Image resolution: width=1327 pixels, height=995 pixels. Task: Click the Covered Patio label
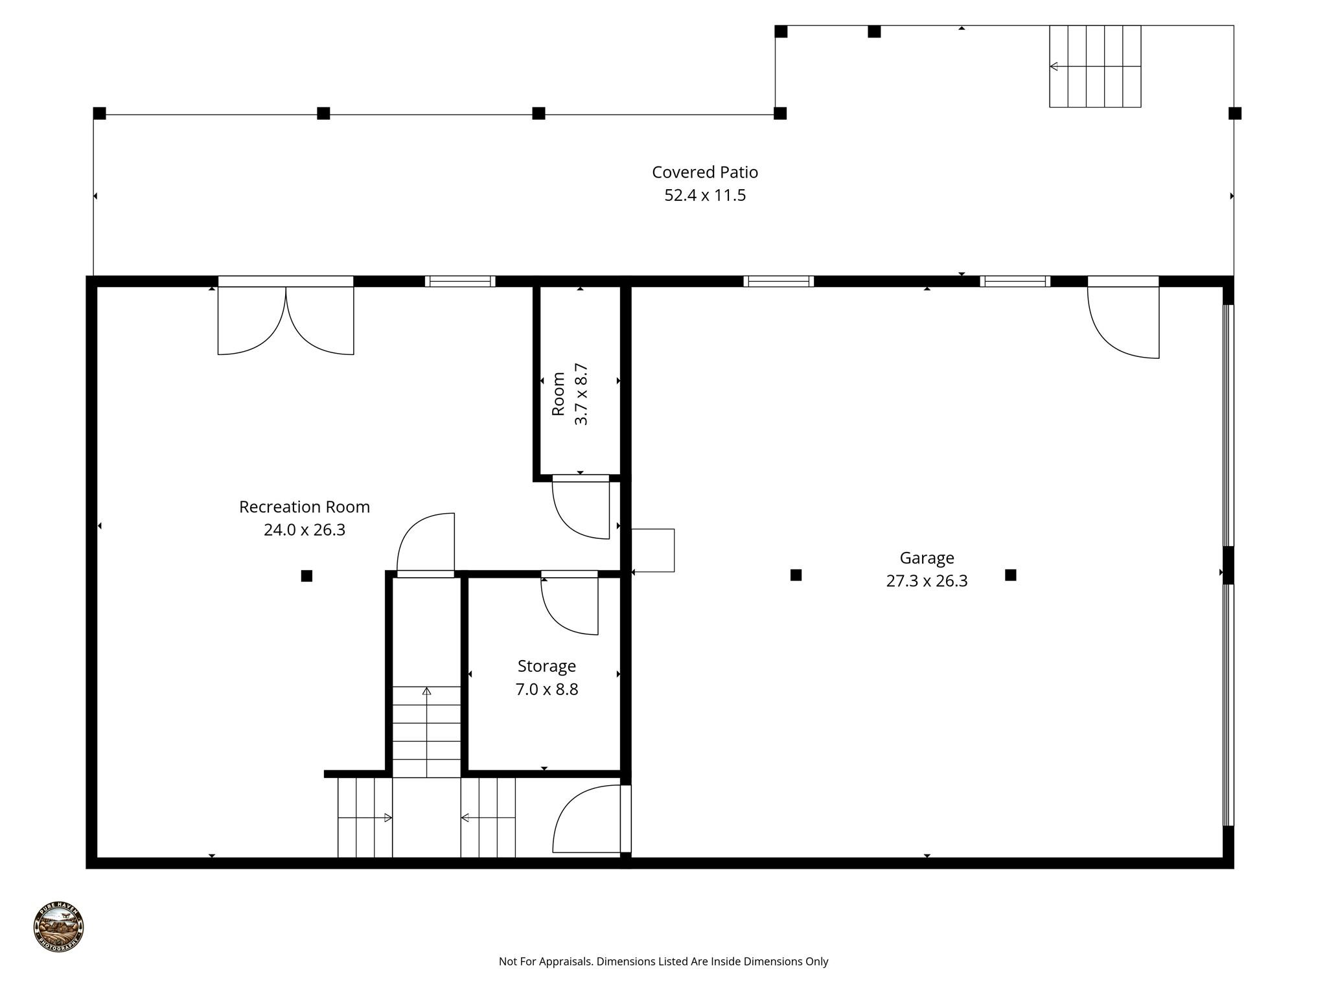[x=704, y=172]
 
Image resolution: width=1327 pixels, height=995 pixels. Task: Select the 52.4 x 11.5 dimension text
[x=704, y=195]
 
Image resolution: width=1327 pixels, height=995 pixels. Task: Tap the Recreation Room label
[x=304, y=507]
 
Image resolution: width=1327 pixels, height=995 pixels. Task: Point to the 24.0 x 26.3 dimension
[x=304, y=530]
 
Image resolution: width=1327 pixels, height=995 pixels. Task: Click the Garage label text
[x=926, y=558]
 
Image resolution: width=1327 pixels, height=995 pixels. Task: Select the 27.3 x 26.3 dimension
[x=926, y=581]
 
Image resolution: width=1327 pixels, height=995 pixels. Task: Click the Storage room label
[x=546, y=666]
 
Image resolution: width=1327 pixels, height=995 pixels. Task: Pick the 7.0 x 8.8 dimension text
[x=546, y=689]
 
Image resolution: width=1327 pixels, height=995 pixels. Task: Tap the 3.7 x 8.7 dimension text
[x=581, y=394]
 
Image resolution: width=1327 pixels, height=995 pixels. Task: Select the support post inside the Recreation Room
[x=306, y=576]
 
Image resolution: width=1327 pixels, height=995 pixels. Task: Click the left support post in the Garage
[x=796, y=575]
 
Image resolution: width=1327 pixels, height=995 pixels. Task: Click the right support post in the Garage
[x=1010, y=575]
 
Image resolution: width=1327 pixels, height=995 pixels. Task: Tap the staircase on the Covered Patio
[x=1094, y=67]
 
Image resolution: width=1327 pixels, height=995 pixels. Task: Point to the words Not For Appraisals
[x=546, y=961]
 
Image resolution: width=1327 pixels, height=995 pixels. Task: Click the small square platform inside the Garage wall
[x=652, y=550]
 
